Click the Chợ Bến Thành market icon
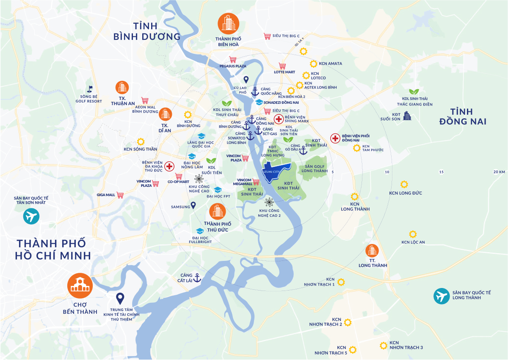pos(80,285)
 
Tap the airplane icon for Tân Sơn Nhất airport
pos(31,217)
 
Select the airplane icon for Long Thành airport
pos(442,296)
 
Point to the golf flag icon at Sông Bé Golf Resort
pos(89,89)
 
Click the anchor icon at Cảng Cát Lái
pos(196,278)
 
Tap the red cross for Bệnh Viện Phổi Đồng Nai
pos(335,138)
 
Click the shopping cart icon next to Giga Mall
pos(121,195)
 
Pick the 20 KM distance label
pos(499,172)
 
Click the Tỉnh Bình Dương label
pos(147,31)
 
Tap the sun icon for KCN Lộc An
pos(413,234)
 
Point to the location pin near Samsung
pos(193,206)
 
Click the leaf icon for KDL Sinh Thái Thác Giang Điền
pos(414,92)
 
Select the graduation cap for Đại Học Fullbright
pos(200,231)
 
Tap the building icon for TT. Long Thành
pos(372,250)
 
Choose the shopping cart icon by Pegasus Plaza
pos(232,60)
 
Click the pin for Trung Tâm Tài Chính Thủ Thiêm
pos(120,299)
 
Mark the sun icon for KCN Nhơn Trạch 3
pos(383,346)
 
